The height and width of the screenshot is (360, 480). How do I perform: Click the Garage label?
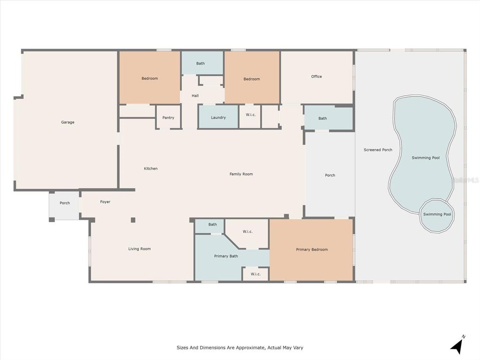tap(67, 122)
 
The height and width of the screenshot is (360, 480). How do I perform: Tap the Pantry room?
tap(168, 117)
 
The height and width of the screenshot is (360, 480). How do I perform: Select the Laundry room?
tap(218, 117)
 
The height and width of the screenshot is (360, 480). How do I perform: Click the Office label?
tap(316, 76)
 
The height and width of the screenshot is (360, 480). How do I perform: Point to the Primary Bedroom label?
tap(312, 249)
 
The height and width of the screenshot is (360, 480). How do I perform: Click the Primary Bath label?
tap(226, 256)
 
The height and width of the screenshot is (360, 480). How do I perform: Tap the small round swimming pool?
tap(437, 215)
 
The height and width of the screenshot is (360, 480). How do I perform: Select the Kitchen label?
tap(150, 168)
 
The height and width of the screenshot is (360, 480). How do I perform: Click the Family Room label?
tap(241, 174)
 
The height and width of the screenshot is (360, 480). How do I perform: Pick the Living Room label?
tap(140, 249)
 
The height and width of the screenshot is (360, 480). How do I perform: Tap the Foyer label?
tap(105, 202)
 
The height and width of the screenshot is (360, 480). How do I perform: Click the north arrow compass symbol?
tap(457, 346)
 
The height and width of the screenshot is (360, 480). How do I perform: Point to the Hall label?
tap(195, 96)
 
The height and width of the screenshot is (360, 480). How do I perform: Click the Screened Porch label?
tap(378, 150)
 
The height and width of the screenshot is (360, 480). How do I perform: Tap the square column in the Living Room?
tap(133, 220)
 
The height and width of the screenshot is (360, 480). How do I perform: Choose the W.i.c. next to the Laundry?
tap(250, 117)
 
